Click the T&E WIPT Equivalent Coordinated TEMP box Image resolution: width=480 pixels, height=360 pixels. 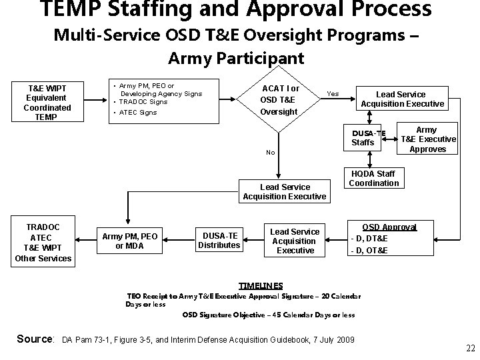[x=47, y=102]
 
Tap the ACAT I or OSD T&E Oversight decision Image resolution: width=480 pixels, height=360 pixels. [x=280, y=100]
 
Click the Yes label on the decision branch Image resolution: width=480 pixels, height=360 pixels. [x=332, y=94]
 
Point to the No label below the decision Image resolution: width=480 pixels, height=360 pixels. [x=270, y=153]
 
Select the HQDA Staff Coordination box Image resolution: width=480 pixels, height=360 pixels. [x=373, y=179]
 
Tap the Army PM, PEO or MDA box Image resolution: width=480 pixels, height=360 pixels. [x=130, y=241]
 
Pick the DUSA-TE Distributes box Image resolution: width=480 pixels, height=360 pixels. [x=219, y=240]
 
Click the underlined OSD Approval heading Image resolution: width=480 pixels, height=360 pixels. [x=389, y=227]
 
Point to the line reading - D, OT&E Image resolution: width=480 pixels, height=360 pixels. [x=369, y=251]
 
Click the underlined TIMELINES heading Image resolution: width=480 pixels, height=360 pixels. [x=261, y=285]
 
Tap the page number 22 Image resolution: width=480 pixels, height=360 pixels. [x=471, y=348]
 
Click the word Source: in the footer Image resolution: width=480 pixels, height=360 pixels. [x=35, y=339]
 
